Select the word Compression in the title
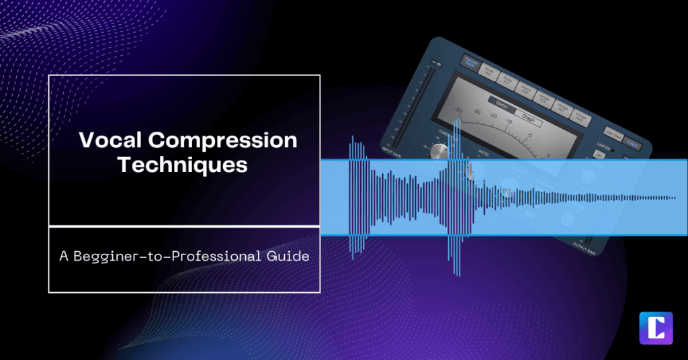click(x=218, y=140)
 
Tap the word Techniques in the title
click(x=183, y=165)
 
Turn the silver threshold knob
click(x=440, y=150)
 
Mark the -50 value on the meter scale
click(x=458, y=110)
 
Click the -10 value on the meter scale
click(x=509, y=122)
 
